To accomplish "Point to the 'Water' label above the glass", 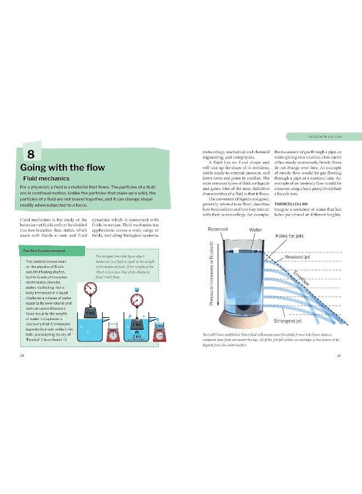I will pos(256,229).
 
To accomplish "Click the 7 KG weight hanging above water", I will pos(90,313).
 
